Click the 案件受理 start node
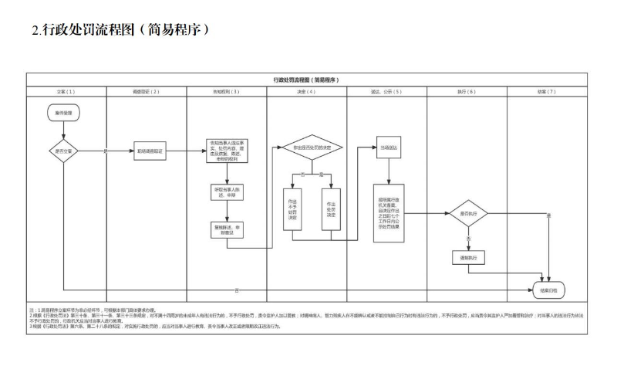point(64,113)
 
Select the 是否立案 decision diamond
point(64,151)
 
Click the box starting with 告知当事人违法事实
point(226,151)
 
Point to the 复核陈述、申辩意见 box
point(226,229)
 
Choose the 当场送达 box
point(386,147)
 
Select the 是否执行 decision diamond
point(469,212)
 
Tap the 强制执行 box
point(469,258)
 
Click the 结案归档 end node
point(548,290)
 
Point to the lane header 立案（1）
point(66,91)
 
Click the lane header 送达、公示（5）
point(386,91)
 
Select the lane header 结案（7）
point(547,91)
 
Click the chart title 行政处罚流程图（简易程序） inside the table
point(306,80)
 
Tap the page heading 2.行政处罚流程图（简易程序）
point(120,29)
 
